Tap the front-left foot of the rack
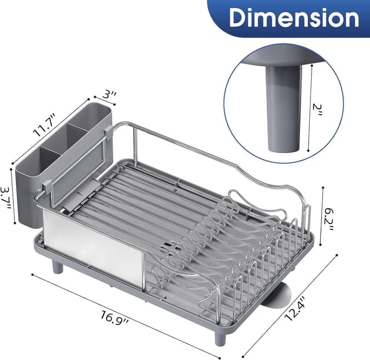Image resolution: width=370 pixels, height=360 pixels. pyautogui.click(x=57, y=266)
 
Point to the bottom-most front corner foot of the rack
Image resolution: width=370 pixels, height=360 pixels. pyautogui.click(x=219, y=337)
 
